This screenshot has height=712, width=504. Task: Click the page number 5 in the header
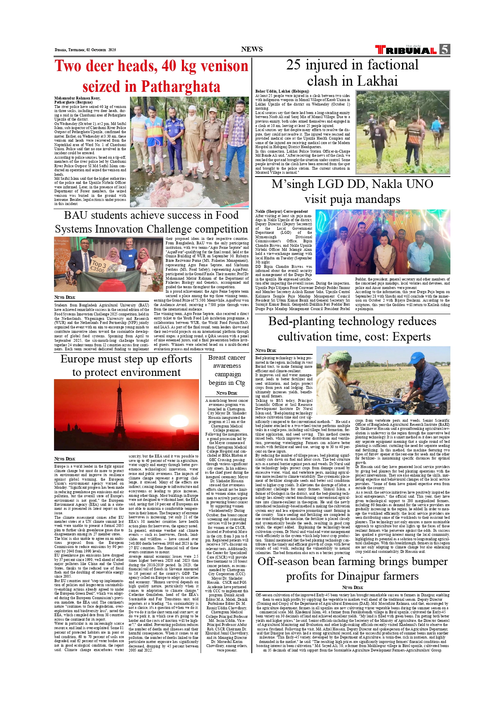point(445,50)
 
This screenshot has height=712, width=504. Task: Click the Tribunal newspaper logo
point(406,50)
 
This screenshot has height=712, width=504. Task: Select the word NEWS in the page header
point(252,49)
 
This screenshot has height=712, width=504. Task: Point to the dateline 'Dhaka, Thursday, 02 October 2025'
point(85,50)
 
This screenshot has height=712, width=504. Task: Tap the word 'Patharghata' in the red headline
point(180,86)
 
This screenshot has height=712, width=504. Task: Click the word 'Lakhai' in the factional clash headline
point(378,81)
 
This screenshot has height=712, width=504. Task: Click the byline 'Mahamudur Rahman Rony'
point(77,98)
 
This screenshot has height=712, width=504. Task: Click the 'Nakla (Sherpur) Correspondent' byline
point(281,211)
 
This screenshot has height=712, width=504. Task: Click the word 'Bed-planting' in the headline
point(307,321)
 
